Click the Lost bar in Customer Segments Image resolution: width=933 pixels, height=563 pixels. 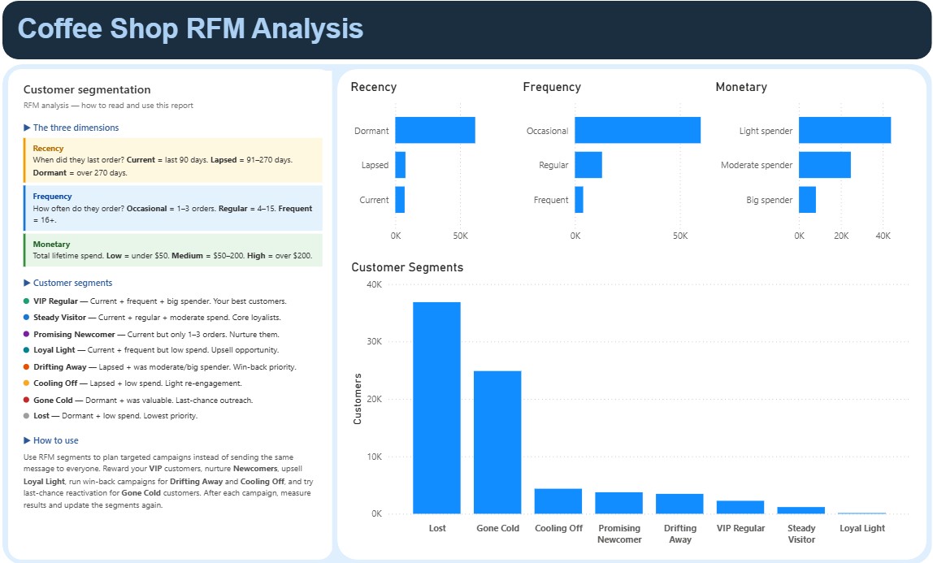(x=436, y=408)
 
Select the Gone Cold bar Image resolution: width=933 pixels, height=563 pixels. (x=497, y=442)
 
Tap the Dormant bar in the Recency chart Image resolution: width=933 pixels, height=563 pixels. (x=435, y=130)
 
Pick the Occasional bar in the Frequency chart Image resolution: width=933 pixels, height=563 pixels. (x=637, y=130)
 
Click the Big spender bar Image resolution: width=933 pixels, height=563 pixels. (x=807, y=200)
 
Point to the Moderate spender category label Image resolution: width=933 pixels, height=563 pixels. (x=756, y=165)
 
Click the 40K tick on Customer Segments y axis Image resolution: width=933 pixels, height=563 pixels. (x=374, y=284)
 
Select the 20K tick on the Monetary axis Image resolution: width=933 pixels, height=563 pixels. (x=841, y=236)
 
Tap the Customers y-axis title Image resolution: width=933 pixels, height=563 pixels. (x=358, y=399)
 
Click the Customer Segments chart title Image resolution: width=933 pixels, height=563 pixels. (x=407, y=267)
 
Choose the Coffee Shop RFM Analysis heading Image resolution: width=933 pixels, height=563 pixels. (x=190, y=28)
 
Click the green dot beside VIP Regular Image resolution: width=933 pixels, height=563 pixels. (x=27, y=301)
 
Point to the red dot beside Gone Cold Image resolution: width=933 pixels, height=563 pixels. (x=27, y=400)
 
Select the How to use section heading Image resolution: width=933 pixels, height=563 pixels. (x=55, y=440)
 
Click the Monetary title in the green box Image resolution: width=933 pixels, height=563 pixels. (x=51, y=244)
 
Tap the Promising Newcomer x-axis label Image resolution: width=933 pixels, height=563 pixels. (x=618, y=534)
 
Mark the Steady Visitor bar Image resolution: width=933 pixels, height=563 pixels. (x=801, y=510)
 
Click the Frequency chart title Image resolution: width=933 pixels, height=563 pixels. (x=552, y=87)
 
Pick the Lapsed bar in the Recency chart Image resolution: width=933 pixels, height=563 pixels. (x=400, y=165)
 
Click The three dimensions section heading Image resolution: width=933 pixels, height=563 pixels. (x=76, y=128)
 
